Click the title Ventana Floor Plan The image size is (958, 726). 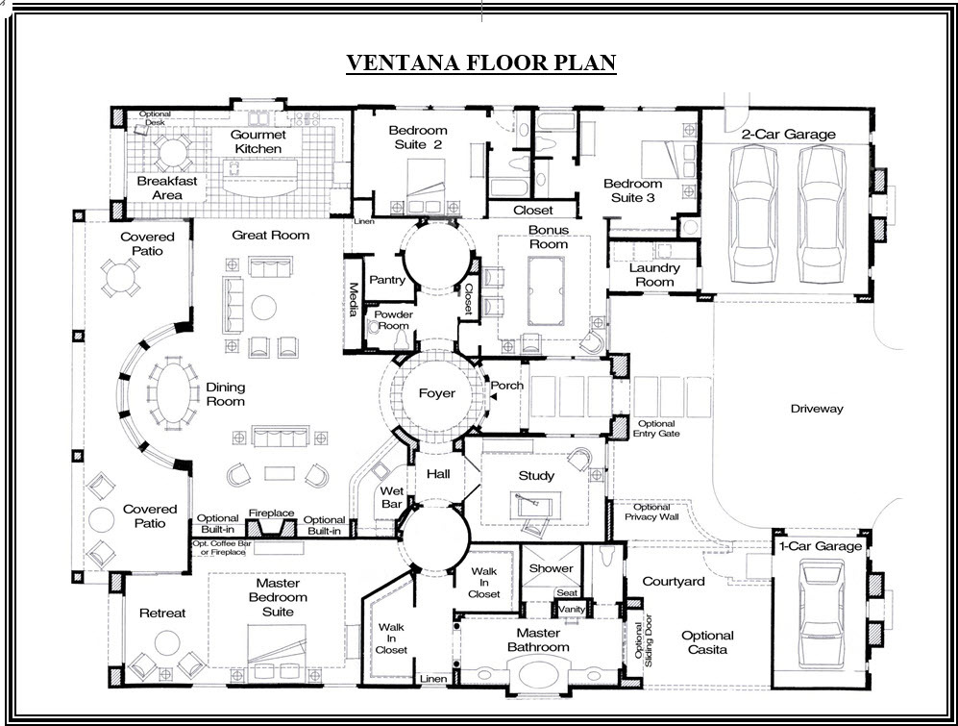click(x=479, y=63)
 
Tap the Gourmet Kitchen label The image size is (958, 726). click(x=258, y=141)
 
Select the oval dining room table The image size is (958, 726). click(x=173, y=391)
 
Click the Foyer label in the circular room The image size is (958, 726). click(x=436, y=393)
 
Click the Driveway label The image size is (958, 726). click(x=816, y=409)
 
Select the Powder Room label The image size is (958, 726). click(x=393, y=320)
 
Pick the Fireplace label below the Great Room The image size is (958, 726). click(x=272, y=513)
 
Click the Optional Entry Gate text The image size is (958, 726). click(x=656, y=429)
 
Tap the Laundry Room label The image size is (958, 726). click(x=654, y=275)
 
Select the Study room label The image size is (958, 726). click(x=536, y=475)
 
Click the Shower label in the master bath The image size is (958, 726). click(x=551, y=568)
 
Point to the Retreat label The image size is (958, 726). click(x=162, y=613)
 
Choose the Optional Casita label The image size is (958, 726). click(x=707, y=642)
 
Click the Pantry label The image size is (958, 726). click(x=387, y=280)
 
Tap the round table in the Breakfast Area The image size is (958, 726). click(x=174, y=151)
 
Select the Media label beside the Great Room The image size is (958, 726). click(x=353, y=292)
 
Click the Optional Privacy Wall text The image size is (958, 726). click(x=651, y=512)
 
